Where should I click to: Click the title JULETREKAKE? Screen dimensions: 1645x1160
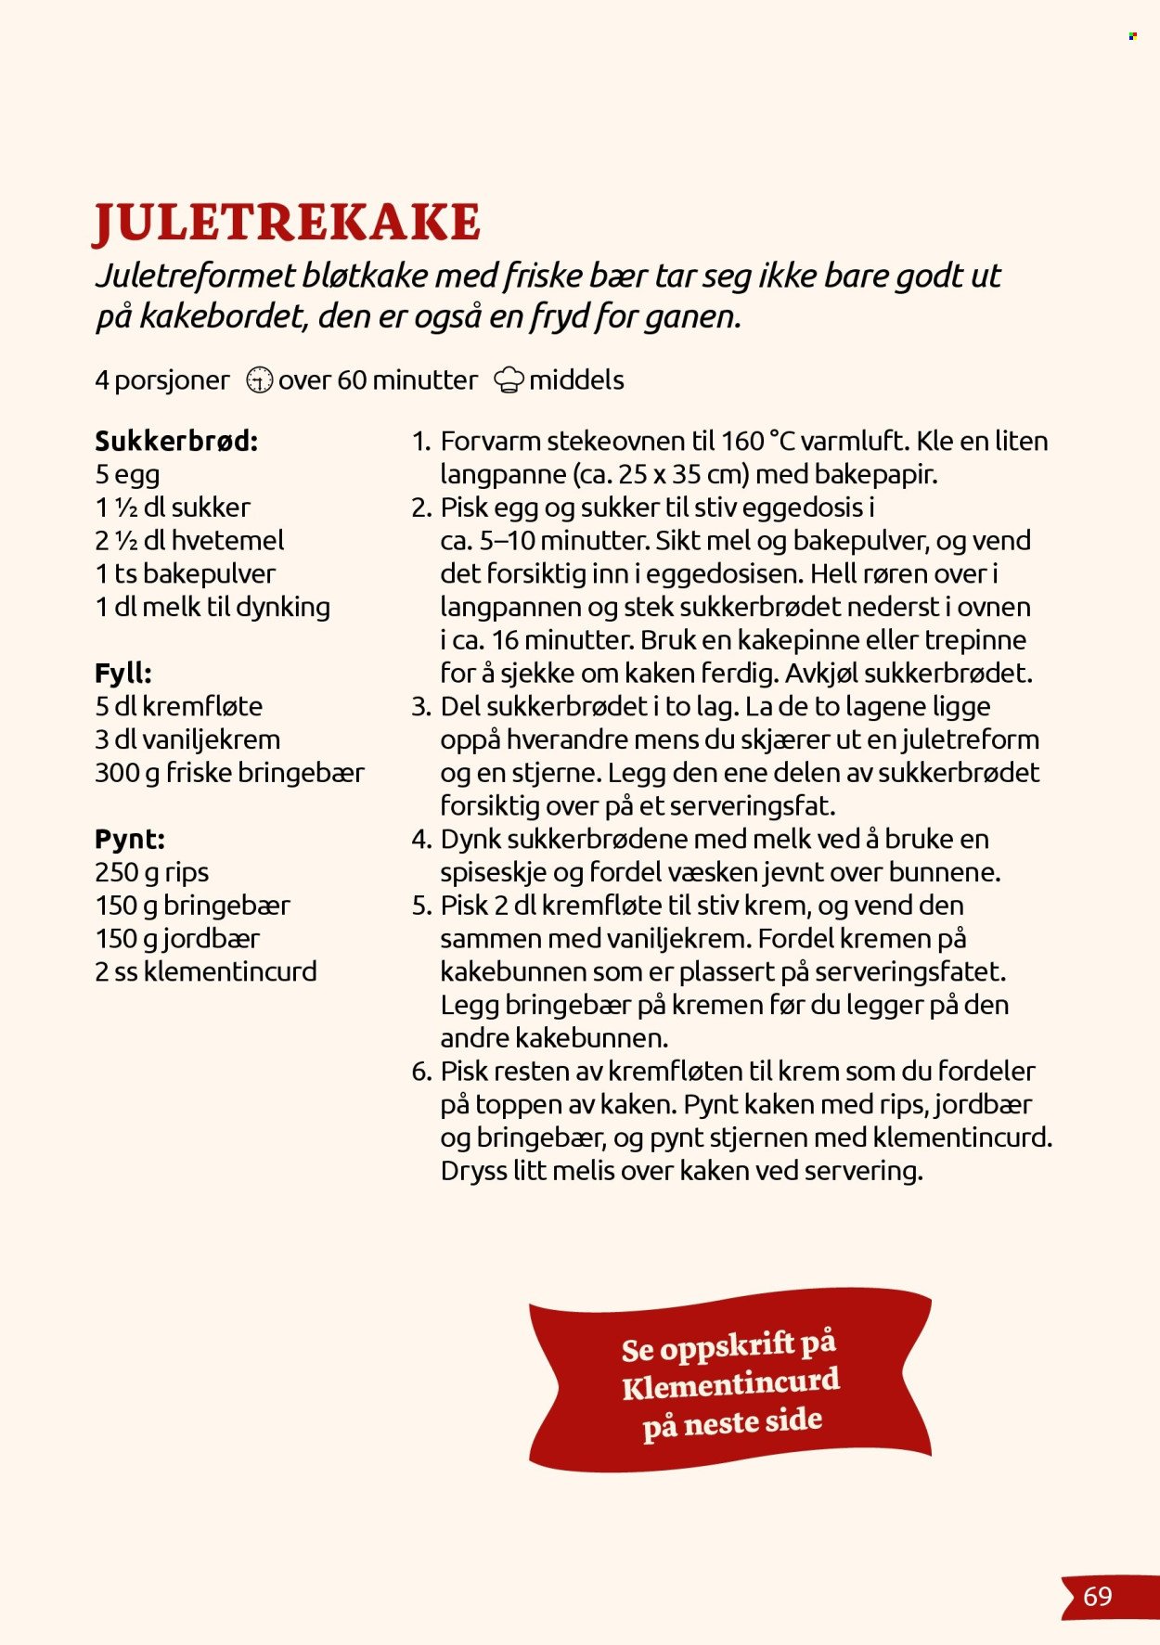pos(288,223)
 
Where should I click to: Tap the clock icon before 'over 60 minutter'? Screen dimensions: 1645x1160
pos(259,380)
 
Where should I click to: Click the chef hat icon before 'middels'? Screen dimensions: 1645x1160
pos(509,380)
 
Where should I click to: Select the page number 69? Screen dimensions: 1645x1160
pos(1097,1597)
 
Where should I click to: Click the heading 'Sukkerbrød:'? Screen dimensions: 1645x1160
pos(176,441)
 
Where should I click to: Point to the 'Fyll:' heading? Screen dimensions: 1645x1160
pos(122,673)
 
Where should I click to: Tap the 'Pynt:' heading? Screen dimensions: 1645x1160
pos(129,839)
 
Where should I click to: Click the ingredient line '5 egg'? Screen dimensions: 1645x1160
pos(127,474)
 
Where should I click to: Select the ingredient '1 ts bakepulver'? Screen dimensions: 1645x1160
pos(185,573)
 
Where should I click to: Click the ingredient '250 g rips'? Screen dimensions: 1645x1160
pos(151,872)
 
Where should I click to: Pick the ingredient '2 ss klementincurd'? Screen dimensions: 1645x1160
pos(205,971)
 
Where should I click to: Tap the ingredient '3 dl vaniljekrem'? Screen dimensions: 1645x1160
pos(187,739)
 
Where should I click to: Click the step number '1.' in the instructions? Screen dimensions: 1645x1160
pos(421,442)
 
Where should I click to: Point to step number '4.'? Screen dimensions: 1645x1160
pos(421,840)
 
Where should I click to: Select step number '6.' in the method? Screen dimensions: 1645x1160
pos(421,1072)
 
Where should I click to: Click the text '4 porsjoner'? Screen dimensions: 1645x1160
pos(161,380)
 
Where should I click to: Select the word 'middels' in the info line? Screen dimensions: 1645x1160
pos(575,380)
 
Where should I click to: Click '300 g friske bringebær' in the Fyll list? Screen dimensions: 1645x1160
pos(229,773)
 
